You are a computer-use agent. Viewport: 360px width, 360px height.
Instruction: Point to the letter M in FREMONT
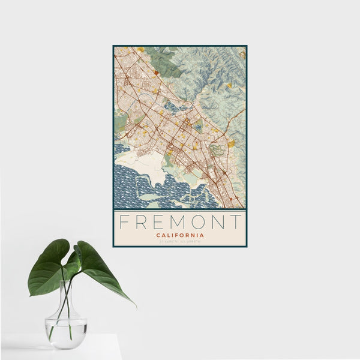(x=179, y=222)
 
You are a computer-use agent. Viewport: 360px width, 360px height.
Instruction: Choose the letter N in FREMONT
(x=219, y=222)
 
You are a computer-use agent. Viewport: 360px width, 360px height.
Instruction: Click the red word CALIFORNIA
(x=180, y=235)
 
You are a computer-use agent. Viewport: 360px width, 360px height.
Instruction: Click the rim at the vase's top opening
(x=66, y=283)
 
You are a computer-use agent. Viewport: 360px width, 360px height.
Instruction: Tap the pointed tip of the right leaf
(x=134, y=305)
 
